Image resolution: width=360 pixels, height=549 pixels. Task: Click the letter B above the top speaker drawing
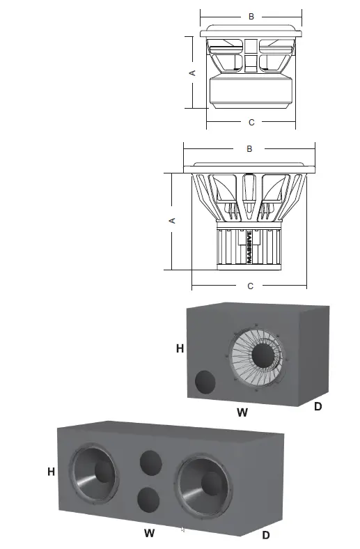(x=251, y=15)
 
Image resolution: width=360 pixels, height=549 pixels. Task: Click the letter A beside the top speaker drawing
(x=193, y=72)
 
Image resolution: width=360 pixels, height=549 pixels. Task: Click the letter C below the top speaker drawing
(x=251, y=123)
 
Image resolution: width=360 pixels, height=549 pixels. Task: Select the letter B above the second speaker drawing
(x=249, y=149)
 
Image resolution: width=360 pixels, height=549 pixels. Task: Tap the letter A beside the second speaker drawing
(x=173, y=220)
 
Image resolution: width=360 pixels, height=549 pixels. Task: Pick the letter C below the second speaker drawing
(x=250, y=286)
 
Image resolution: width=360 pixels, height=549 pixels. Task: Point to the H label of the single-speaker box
(x=180, y=348)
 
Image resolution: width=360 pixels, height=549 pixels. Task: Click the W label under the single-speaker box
(x=242, y=412)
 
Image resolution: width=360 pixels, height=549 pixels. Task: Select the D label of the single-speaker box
(x=318, y=405)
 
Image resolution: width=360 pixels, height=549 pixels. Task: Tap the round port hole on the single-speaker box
(x=205, y=382)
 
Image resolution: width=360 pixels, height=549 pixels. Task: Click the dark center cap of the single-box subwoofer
(x=265, y=356)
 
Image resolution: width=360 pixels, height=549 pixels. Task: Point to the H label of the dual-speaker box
(x=51, y=472)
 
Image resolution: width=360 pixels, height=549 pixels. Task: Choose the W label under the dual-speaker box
(x=149, y=534)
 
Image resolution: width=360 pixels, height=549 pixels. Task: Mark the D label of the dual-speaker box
(x=265, y=535)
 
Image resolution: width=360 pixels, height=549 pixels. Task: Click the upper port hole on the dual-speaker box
(x=151, y=463)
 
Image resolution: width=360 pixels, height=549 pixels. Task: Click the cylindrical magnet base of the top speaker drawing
(x=251, y=92)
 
